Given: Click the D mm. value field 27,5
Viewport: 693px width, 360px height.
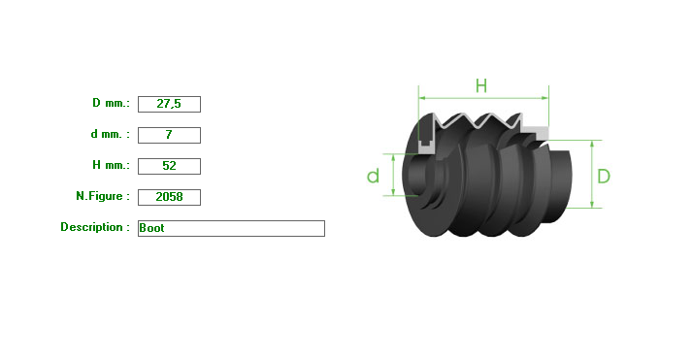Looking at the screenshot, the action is pyautogui.click(x=169, y=104).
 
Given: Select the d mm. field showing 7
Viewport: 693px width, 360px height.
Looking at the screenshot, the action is pyautogui.click(x=169, y=135).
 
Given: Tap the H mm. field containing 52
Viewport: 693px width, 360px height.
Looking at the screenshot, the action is pyautogui.click(x=169, y=166).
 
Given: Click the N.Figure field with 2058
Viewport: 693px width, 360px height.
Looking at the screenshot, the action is pyautogui.click(x=169, y=197).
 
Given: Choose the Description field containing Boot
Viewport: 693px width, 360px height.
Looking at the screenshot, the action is pyautogui.click(x=231, y=228).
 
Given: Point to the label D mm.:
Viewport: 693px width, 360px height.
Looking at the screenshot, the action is pyautogui.click(x=111, y=103).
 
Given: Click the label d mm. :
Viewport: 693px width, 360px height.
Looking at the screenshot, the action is pyautogui.click(x=111, y=134).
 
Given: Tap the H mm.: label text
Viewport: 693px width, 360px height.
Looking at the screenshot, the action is pyautogui.click(x=111, y=165).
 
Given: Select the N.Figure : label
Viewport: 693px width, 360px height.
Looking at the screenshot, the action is pyautogui.click(x=103, y=196).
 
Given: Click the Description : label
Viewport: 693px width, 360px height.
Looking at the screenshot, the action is pyautogui.click(x=95, y=227).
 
